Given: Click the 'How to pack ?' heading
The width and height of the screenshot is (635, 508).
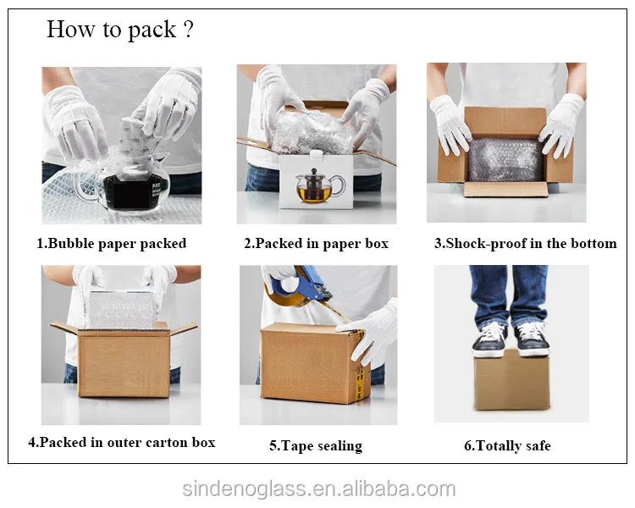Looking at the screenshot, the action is pyautogui.click(x=120, y=30).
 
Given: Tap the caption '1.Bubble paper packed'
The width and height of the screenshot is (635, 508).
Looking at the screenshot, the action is pyautogui.click(x=112, y=243).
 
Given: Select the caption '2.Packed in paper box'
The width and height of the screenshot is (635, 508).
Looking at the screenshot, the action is pyautogui.click(x=316, y=243).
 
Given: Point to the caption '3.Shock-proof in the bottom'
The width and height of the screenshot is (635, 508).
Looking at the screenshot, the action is pyautogui.click(x=526, y=243).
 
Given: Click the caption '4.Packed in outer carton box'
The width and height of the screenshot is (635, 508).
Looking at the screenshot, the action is pyautogui.click(x=121, y=442).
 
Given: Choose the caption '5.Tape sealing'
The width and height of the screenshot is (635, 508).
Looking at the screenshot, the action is pyautogui.click(x=316, y=445).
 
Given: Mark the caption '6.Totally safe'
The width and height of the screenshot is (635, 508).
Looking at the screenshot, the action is pyautogui.click(x=507, y=445).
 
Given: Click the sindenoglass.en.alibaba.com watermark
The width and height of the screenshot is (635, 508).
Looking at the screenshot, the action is pyautogui.click(x=319, y=489).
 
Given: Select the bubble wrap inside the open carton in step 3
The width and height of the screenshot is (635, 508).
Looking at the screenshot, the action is pyautogui.click(x=505, y=160).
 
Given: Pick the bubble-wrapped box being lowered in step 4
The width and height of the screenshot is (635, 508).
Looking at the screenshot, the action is pyautogui.click(x=121, y=309).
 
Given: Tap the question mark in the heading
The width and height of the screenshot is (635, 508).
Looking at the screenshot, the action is pyautogui.click(x=188, y=30).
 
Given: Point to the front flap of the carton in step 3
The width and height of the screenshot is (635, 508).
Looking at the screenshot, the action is pyautogui.click(x=505, y=189).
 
